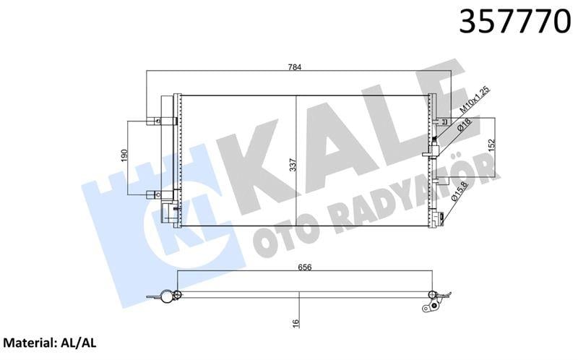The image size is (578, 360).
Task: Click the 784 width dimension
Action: (x=295, y=67)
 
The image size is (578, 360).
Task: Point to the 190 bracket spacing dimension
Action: (x=124, y=156)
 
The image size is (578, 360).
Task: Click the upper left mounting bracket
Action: (x=155, y=121)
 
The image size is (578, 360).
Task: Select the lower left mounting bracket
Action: (x=155, y=193)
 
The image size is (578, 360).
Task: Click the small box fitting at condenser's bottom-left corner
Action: (x=168, y=210)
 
